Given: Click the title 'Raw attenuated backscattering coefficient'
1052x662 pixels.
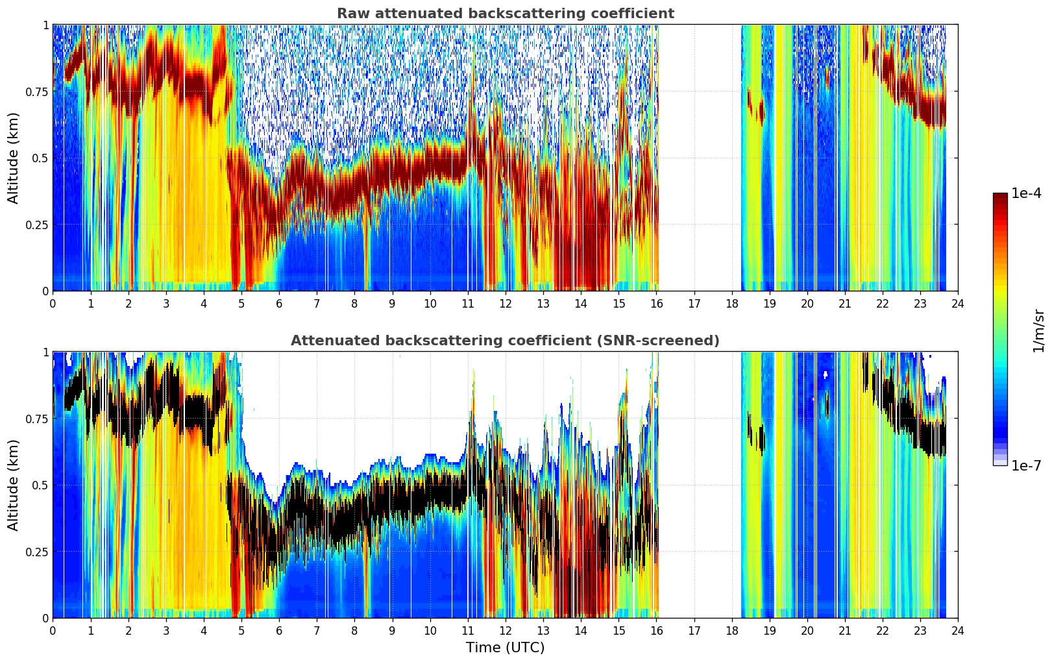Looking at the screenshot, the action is click(506, 14).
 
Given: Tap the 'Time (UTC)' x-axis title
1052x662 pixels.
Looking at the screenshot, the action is click(506, 648).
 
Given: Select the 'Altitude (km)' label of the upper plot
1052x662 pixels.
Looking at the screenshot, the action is click(13, 158).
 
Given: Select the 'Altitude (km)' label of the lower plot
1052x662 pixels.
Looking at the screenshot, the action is click(13, 485).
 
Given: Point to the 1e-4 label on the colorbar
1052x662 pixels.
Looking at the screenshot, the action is click(1026, 193).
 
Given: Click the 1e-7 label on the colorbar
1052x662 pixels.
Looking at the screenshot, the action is click(1026, 466).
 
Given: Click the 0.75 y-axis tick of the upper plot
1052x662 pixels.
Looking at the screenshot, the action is click(36, 92).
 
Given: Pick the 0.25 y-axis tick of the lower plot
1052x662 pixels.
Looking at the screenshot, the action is click(36, 552).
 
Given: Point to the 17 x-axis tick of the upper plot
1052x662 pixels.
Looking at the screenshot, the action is click(694, 304).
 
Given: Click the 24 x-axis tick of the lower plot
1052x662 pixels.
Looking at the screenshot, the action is click(958, 631).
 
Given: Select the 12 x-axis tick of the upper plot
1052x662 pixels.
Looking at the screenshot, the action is click(506, 304).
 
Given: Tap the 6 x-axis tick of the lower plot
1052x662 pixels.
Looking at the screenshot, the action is click(279, 631).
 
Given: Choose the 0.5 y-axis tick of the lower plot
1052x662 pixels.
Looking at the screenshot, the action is click(40, 485).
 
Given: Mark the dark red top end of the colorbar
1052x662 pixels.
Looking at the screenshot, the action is click(1000, 195).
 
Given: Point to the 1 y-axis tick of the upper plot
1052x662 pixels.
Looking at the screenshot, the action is click(45, 25).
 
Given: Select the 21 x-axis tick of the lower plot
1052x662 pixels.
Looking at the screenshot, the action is click(845, 631).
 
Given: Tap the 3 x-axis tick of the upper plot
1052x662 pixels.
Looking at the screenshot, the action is click(165, 304).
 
